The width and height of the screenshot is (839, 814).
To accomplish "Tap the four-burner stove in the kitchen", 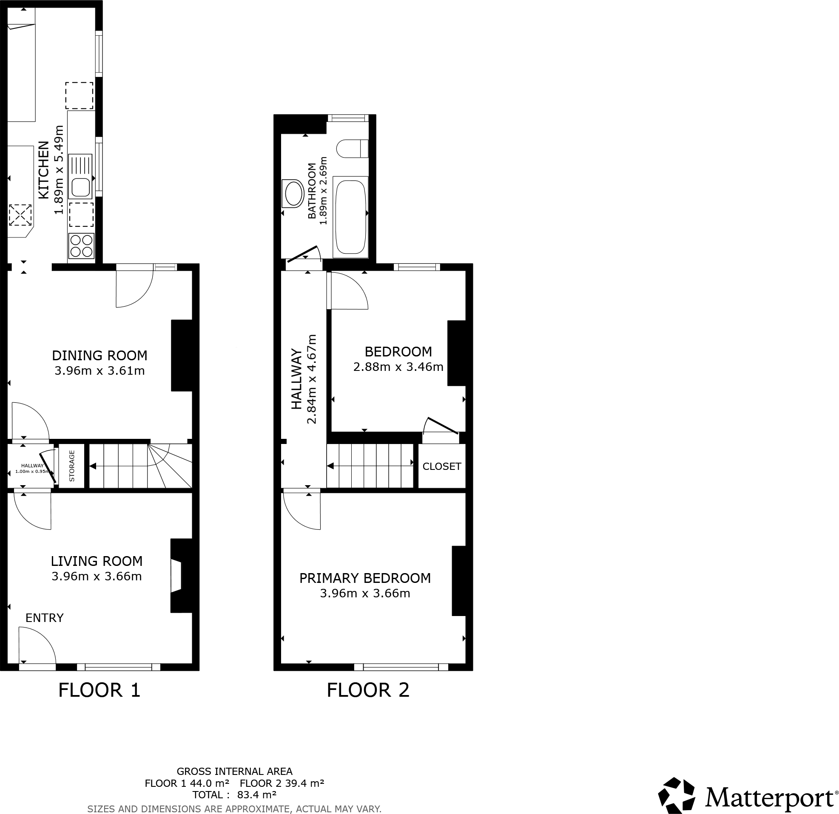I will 81,246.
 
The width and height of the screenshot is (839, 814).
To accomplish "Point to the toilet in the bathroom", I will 352,148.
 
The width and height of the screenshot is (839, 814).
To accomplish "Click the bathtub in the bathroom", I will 350,216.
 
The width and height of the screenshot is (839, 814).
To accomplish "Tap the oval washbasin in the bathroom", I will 294,193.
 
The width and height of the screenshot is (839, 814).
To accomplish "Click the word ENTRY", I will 45,618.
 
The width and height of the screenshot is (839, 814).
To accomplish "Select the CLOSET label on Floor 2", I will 441,466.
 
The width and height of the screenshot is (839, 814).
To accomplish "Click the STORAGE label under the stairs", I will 72,466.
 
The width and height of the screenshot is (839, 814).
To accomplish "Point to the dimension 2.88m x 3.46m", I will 398,367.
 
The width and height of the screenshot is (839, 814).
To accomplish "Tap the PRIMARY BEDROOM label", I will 365,578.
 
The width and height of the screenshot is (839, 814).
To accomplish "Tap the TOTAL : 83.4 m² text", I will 234,795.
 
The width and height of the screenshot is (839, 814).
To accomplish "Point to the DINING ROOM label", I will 100,355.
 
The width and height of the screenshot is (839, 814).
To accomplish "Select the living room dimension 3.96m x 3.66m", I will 96,576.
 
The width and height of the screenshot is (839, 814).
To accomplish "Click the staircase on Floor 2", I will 370,465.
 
